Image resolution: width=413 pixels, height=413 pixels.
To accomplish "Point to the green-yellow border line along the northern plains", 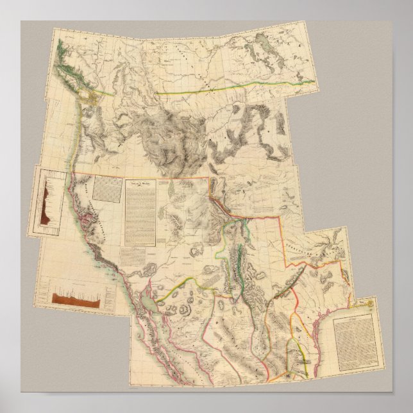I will click(212, 92).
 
